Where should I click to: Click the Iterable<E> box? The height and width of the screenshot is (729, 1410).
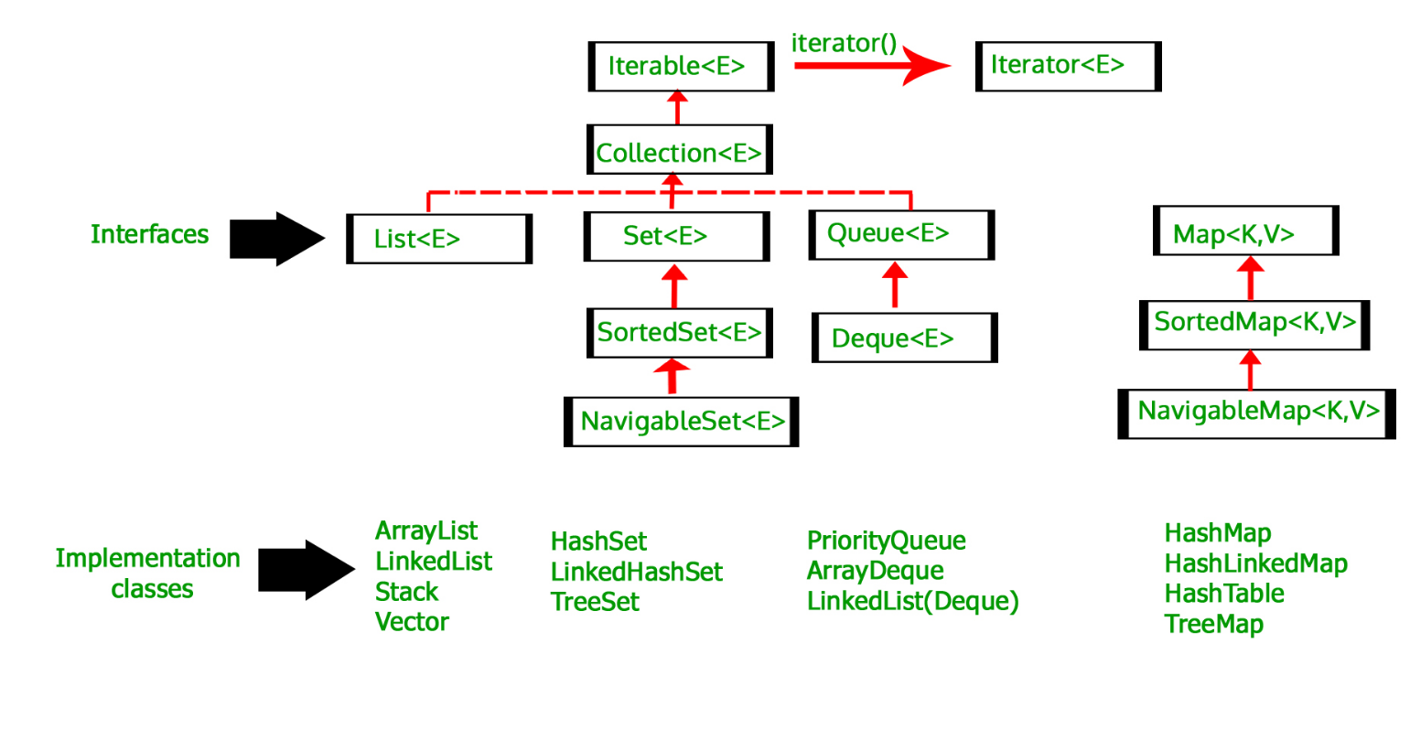point(681,67)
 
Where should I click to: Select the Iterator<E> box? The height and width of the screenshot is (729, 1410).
point(1068,67)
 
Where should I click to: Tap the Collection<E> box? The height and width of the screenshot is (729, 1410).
point(680,150)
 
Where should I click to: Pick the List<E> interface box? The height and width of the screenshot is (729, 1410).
point(439,239)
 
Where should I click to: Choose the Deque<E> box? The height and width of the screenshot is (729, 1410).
point(905,338)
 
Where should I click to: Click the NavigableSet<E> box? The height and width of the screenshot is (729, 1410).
point(681,422)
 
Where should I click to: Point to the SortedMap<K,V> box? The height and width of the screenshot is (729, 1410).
point(1254,326)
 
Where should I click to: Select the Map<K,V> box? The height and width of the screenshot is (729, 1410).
point(1245,230)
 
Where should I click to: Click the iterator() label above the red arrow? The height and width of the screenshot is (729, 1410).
point(844,43)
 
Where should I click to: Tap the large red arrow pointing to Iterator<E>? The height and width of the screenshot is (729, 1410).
point(872,66)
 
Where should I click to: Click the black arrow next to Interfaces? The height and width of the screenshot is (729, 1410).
point(277,239)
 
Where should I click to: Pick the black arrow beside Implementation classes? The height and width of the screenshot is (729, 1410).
point(307,570)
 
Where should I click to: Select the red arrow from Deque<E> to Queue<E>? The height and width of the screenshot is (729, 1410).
point(895,285)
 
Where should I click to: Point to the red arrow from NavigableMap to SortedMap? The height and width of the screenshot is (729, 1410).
point(1250,370)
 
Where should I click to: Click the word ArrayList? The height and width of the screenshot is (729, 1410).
point(426,531)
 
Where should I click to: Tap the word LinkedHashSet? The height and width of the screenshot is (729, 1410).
point(637,572)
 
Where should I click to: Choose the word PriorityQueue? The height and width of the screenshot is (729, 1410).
point(887,541)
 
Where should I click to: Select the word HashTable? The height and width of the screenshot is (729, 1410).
point(1224,593)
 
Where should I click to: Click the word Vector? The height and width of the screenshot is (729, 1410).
point(412,622)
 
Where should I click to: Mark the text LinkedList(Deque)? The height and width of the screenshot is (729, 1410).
point(913,601)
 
